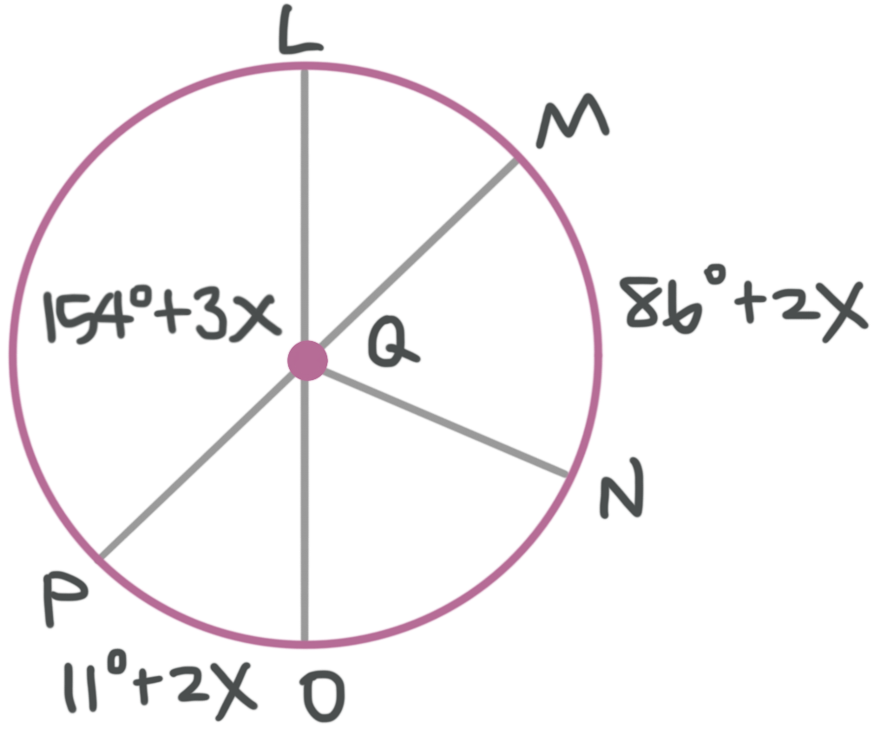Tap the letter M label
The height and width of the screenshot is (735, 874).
[x=571, y=128]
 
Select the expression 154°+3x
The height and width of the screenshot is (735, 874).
[x=161, y=317]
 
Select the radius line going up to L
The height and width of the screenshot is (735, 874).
[x=305, y=208]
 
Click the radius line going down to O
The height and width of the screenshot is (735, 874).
[x=305, y=512]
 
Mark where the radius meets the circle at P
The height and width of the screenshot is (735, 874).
[x=102, y=553]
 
